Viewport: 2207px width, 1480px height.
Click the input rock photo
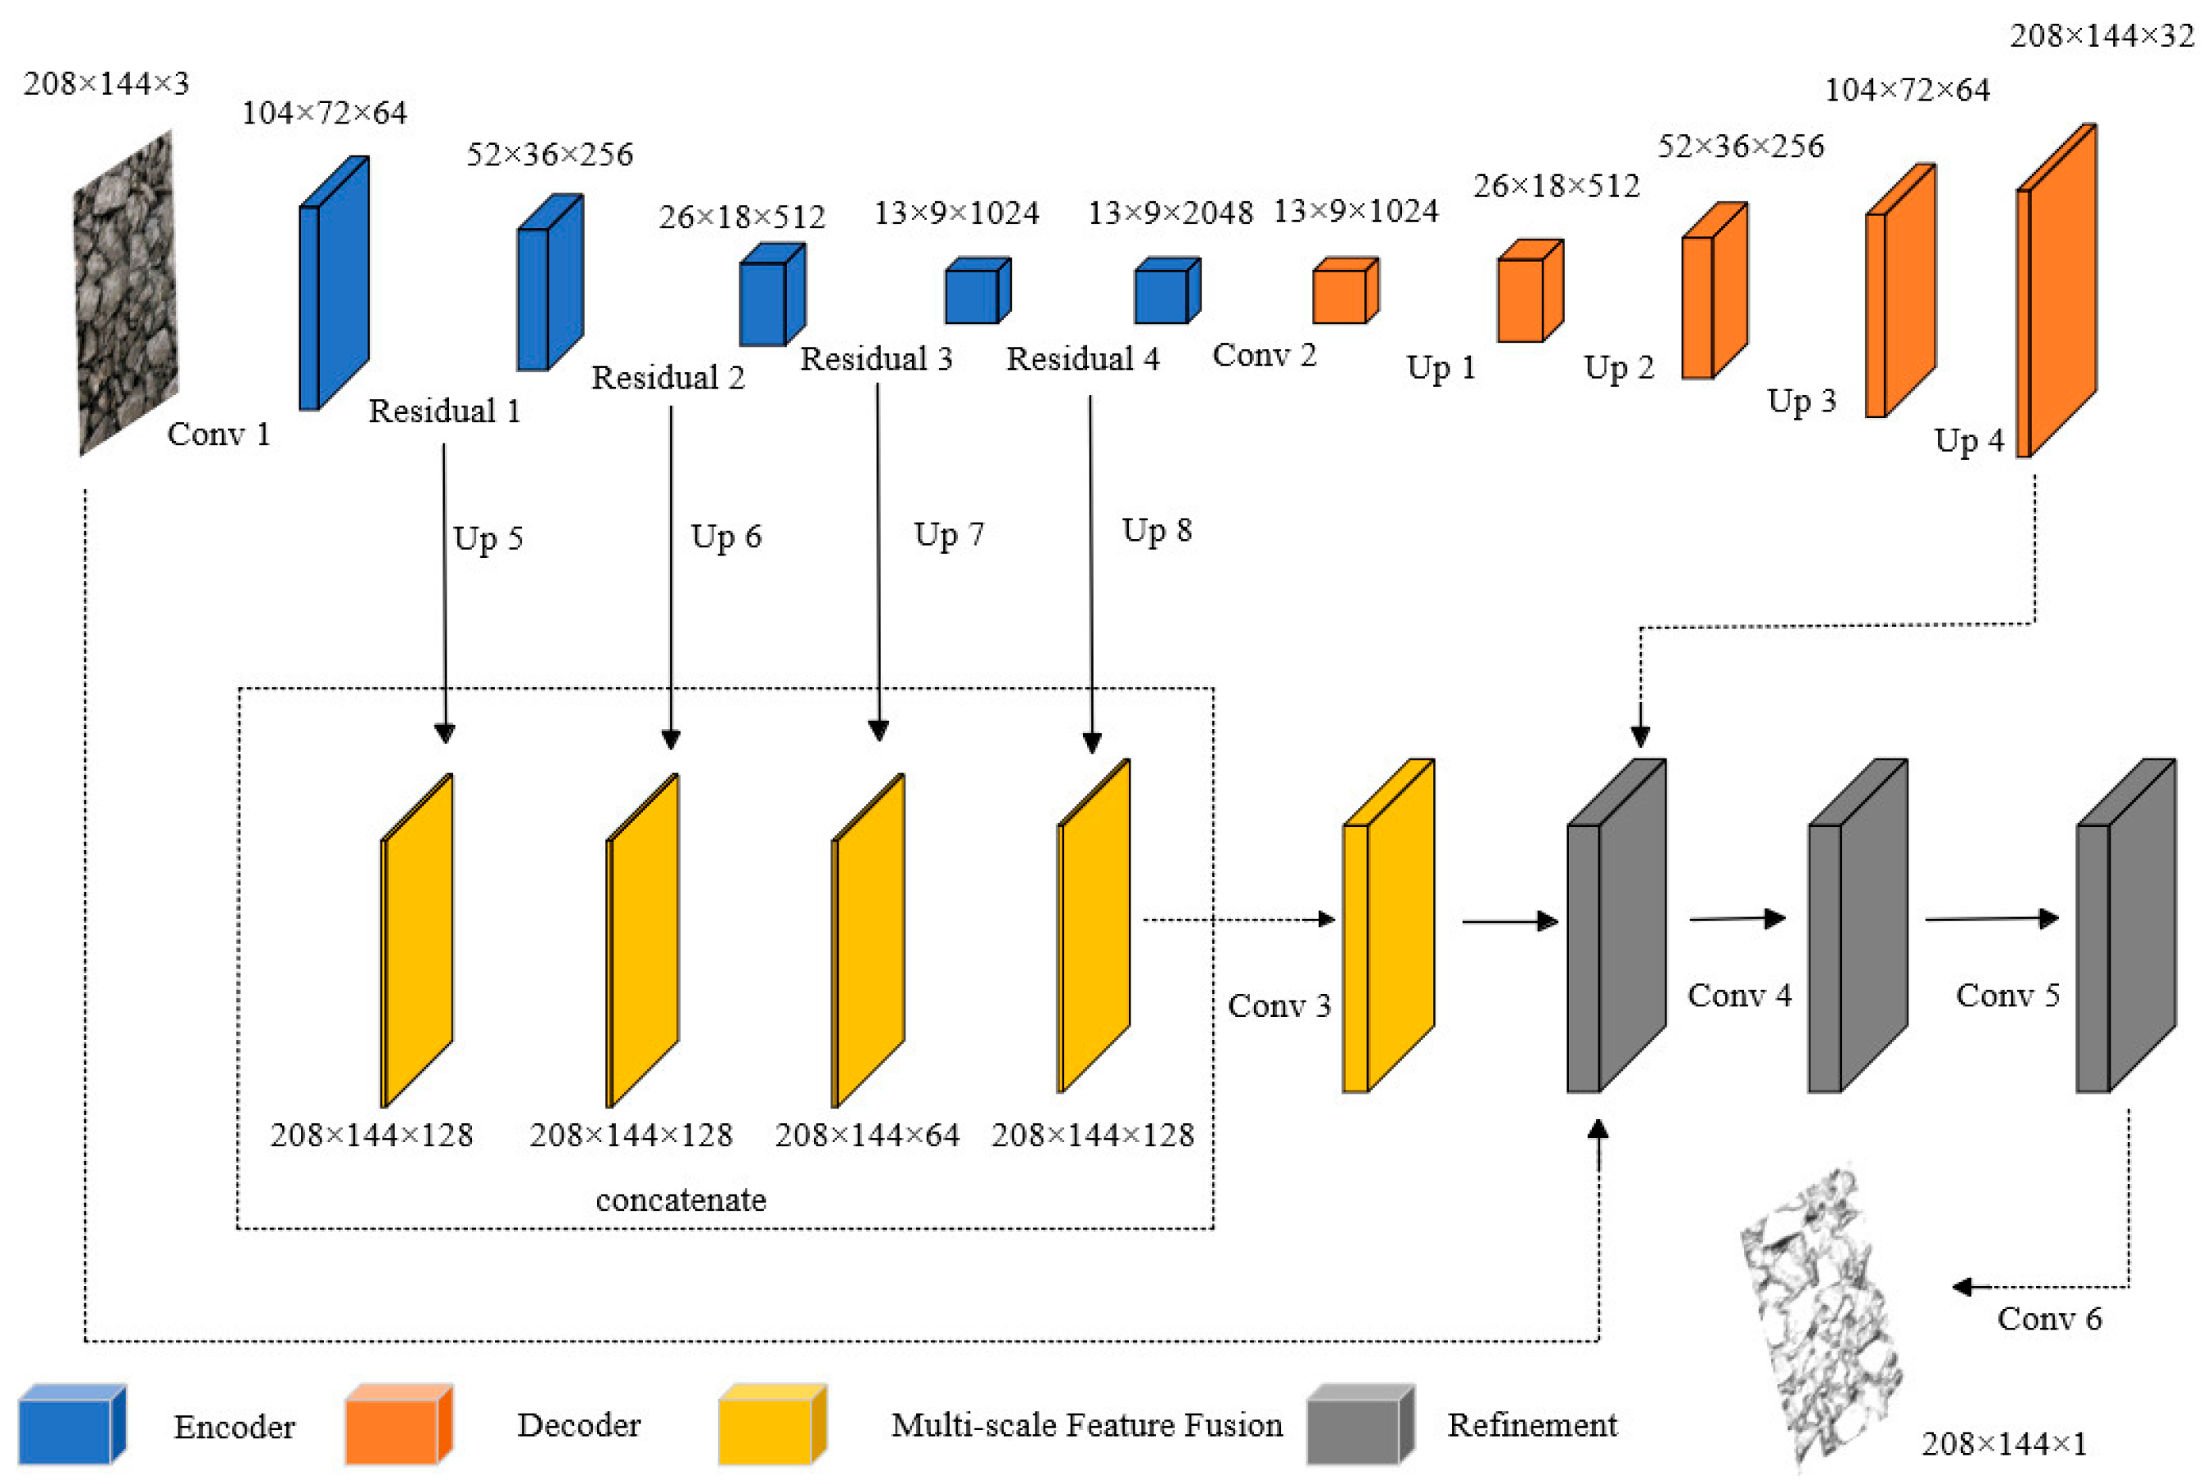click(x=125, y=293)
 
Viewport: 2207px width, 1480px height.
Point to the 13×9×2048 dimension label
click(x=1170, y=214)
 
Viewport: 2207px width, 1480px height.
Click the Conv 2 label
click(x=1264, y=356)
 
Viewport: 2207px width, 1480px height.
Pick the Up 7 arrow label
click(x=948, y=535)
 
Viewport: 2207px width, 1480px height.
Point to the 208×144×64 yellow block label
click(x=866, y=1135)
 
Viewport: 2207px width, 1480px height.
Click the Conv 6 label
click(x=2048, y=1319)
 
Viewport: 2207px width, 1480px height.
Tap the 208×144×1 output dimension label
click(x=2003, y=1443)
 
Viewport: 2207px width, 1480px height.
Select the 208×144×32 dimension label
click(x=2101, y=37)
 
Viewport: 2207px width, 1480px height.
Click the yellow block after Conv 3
click(x=1387, y=925)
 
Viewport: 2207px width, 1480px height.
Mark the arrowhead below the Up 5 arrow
click(x=444, y=733)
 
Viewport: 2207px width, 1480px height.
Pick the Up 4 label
click(x=1968, y=441)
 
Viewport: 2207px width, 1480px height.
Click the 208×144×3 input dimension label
click(x=106, y=84)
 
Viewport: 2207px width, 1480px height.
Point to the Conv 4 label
click(x=1739, y=995)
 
